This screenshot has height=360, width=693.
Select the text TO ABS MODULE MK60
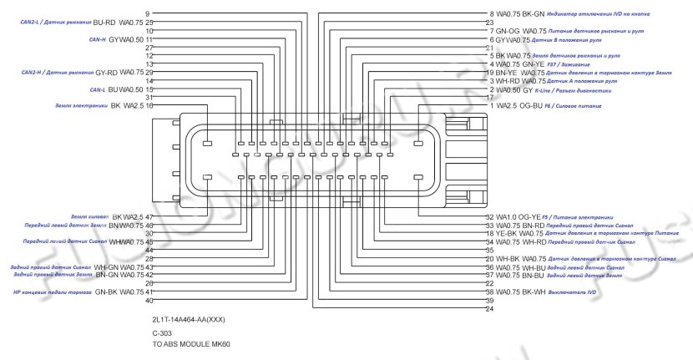tap(185, 344)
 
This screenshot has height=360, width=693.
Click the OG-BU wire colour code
tap(530, 106)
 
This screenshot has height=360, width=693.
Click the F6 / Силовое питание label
tap(579, 106)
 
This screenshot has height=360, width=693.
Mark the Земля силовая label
tap(89, 217)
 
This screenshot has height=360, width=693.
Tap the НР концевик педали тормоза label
tap(49, 292)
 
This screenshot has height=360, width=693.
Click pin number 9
tap(148, 14)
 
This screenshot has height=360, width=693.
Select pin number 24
tap(489, 309)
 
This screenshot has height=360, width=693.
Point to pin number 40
tap(148, 301)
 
